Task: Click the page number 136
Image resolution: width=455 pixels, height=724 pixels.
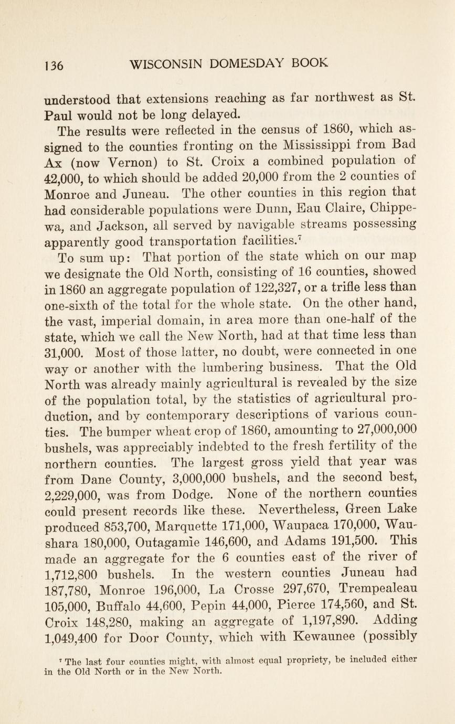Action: point(54,65)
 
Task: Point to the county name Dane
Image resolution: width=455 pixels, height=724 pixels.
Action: point(98,478)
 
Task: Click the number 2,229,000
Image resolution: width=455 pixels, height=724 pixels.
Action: point(72,494)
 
